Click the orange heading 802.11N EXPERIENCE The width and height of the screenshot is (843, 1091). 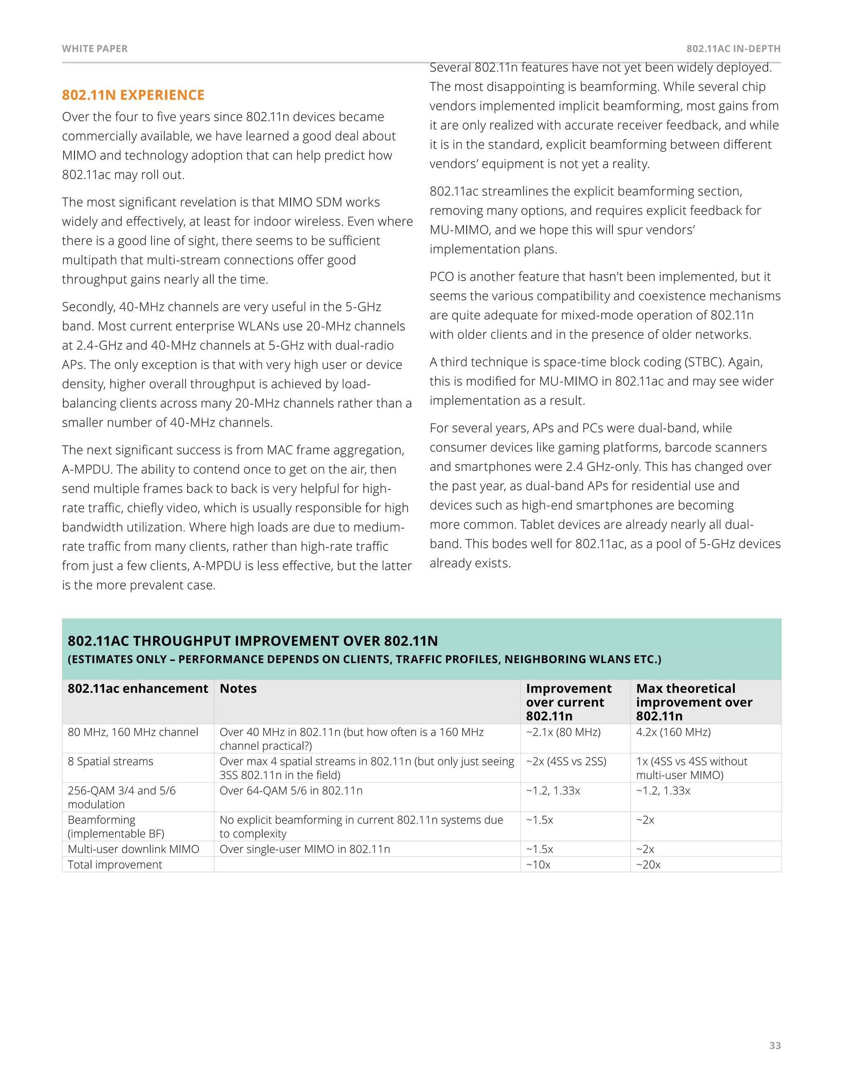click(x=133, y=95)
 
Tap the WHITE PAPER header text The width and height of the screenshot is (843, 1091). click(x=95, y=49)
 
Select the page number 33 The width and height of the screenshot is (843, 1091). click(x=775, y=1045)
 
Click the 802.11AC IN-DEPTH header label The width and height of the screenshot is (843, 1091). click(x=733, y=49)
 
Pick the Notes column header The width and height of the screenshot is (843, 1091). click(x=238, y=688)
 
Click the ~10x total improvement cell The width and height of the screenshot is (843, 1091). click(x=538, y=865)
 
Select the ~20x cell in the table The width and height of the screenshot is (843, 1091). click(x=648, y=865)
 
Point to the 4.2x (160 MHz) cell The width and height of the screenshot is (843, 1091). click(x=673, y=732)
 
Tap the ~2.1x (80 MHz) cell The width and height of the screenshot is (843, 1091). click(x=564, y=732)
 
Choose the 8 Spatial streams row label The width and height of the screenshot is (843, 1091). click(x=110, y=761)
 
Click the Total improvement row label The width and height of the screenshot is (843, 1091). click(x=115, y=865)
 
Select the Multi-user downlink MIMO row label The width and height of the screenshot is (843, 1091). click(x=133, y=849)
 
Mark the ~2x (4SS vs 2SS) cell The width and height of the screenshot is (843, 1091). click(x=566, y=761)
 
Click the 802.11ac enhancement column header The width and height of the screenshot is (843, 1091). click(x=138, y=688)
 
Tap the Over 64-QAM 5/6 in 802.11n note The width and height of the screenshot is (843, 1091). click(x=291, y=791)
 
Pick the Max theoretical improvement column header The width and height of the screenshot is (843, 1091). click(x=694, y=702)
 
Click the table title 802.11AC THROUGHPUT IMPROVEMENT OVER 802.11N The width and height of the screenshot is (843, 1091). click(x=253, y=641)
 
